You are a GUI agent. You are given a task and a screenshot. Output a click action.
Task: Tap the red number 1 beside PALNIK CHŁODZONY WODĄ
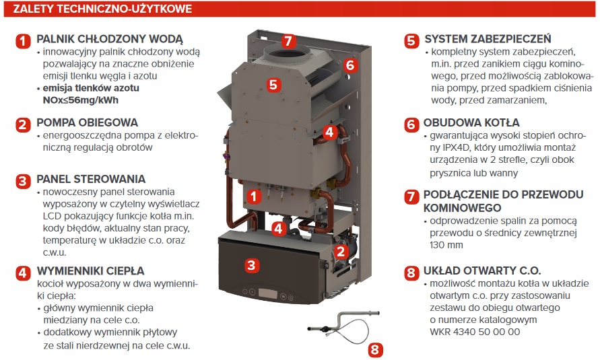pos(24,40)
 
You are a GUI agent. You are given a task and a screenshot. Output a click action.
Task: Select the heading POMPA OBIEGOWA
pos(87,122)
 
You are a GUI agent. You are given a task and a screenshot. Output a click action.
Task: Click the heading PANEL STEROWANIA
pos(90,179)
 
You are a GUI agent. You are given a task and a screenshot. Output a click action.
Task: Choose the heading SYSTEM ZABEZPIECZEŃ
pos(488,39)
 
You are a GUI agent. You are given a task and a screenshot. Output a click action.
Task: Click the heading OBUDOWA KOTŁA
pos(471,123)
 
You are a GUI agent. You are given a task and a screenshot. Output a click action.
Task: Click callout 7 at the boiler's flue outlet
pos(288,40)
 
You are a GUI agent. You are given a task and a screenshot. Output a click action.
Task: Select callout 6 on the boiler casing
pos(349,65)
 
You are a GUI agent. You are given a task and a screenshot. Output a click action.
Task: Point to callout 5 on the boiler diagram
pos(273,85)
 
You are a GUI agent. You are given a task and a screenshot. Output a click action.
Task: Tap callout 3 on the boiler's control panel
pos(251,265)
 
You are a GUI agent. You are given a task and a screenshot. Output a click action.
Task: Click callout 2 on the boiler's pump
pos(341,252)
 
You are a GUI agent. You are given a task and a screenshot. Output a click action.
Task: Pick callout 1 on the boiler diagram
pos(253,196)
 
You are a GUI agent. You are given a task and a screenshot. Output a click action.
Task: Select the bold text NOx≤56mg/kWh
pos(79,100)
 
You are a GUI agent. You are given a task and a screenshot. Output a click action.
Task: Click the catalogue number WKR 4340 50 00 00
pos(474,331)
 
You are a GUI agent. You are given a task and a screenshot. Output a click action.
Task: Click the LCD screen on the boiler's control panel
pos(270,295)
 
